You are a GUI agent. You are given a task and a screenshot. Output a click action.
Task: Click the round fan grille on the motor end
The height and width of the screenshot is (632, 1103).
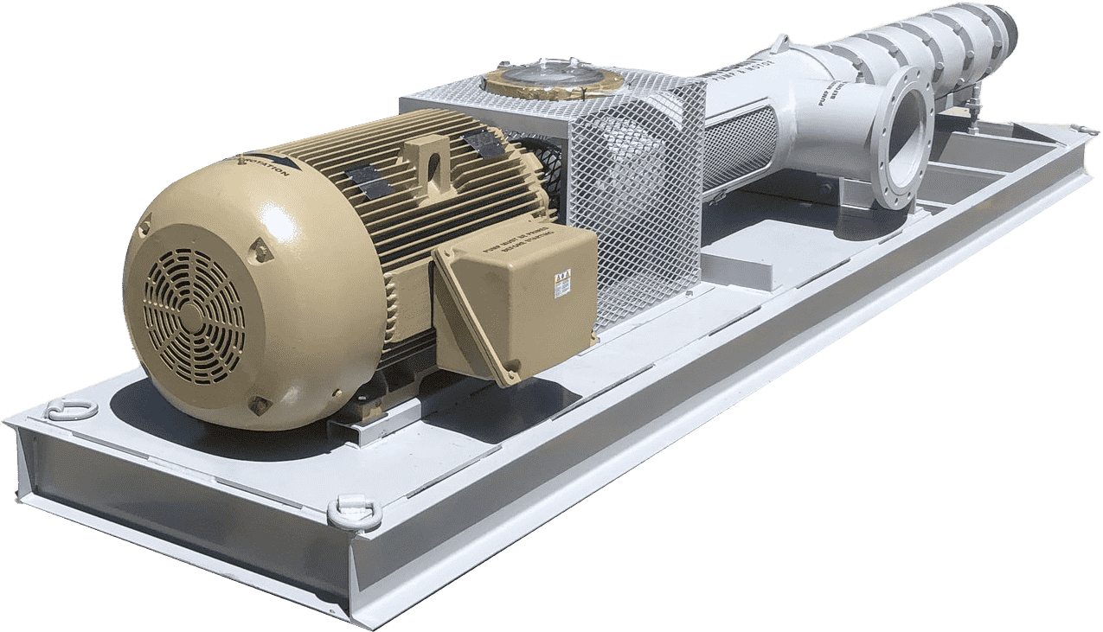(194, 315)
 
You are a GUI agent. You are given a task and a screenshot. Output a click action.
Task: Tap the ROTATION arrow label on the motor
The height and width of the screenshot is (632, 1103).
(265, 163)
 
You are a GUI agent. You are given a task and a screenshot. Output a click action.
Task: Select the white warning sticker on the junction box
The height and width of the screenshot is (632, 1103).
(561, 284)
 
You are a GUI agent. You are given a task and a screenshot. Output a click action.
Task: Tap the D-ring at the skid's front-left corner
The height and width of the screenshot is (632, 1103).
(71, 409)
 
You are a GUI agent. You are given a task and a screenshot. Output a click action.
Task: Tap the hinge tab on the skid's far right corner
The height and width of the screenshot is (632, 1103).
(1081, 130)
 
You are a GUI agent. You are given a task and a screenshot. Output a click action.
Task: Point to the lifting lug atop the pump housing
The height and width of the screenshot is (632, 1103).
(783, 41)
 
